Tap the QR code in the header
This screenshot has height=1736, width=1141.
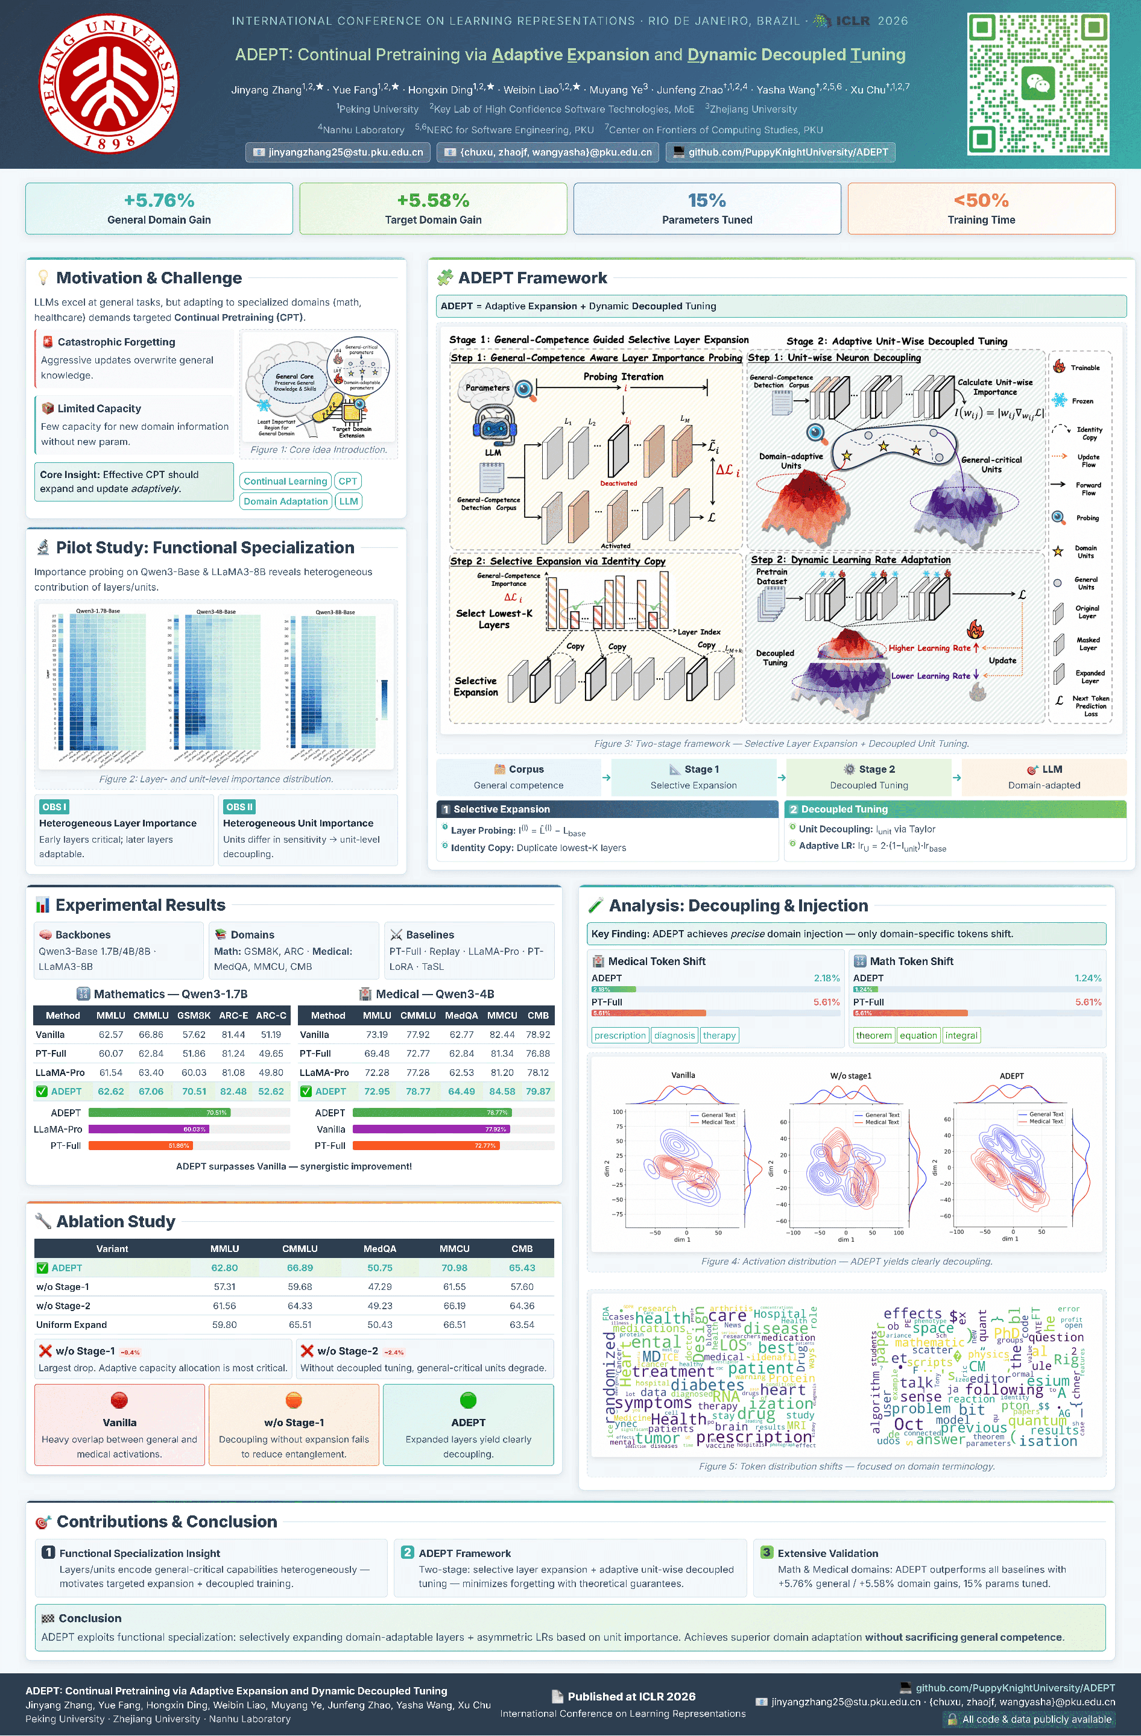point(1037,84)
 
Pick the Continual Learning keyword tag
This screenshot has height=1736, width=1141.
point(285,482)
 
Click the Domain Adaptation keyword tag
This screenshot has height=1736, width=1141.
point(285,502)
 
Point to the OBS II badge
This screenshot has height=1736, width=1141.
point(239,807)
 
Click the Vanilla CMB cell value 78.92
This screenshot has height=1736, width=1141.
point(538,1034)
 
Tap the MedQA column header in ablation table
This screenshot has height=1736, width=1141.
point(379,1249)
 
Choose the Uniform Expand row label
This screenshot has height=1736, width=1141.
point(72,1325)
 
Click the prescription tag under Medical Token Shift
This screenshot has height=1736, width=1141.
point(619,1035)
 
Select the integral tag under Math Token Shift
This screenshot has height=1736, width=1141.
point(961,1035)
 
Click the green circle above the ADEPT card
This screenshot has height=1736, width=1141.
point(469,1400)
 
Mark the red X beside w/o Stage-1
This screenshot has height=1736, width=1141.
point(45,1351)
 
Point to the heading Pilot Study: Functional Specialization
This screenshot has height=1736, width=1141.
point(205,548)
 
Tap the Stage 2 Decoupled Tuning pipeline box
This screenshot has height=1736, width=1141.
point(868,777)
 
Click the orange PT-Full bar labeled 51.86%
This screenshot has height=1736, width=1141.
point(139,1146)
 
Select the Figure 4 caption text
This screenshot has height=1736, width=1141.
point(846,1261)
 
